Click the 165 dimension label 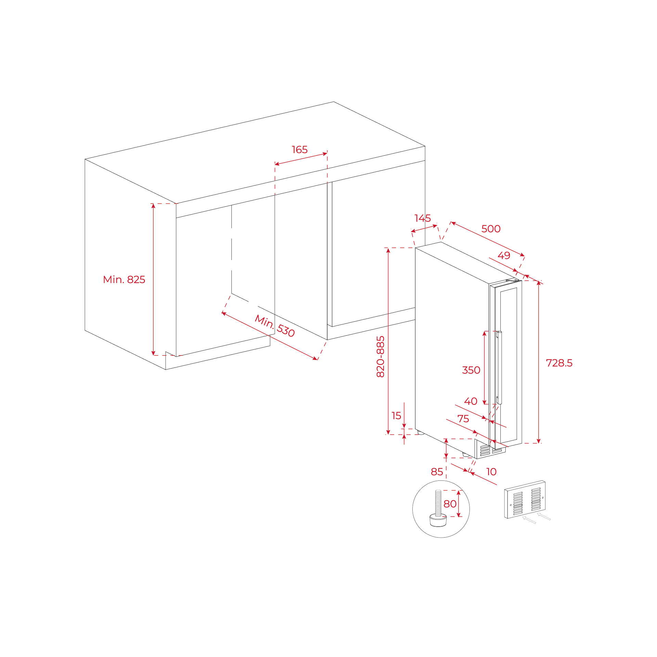click(299, 150)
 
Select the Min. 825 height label click(124, 280)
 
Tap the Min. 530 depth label click(275, 326)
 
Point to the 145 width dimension click(423, 218)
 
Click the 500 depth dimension click(491, 229)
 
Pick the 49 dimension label click(504, 255)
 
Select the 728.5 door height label click(559, 363)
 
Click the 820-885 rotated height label click(381, 357)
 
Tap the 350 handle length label click(471, 370)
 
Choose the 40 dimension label click(471, 401)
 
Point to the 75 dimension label click(463, 418)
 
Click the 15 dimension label click(396, 415)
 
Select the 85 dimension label click(437, 472)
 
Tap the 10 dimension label click(491, 472)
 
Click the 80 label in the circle click(450, 504)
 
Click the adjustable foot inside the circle click(438, 510)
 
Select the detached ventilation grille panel click(525, 500)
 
